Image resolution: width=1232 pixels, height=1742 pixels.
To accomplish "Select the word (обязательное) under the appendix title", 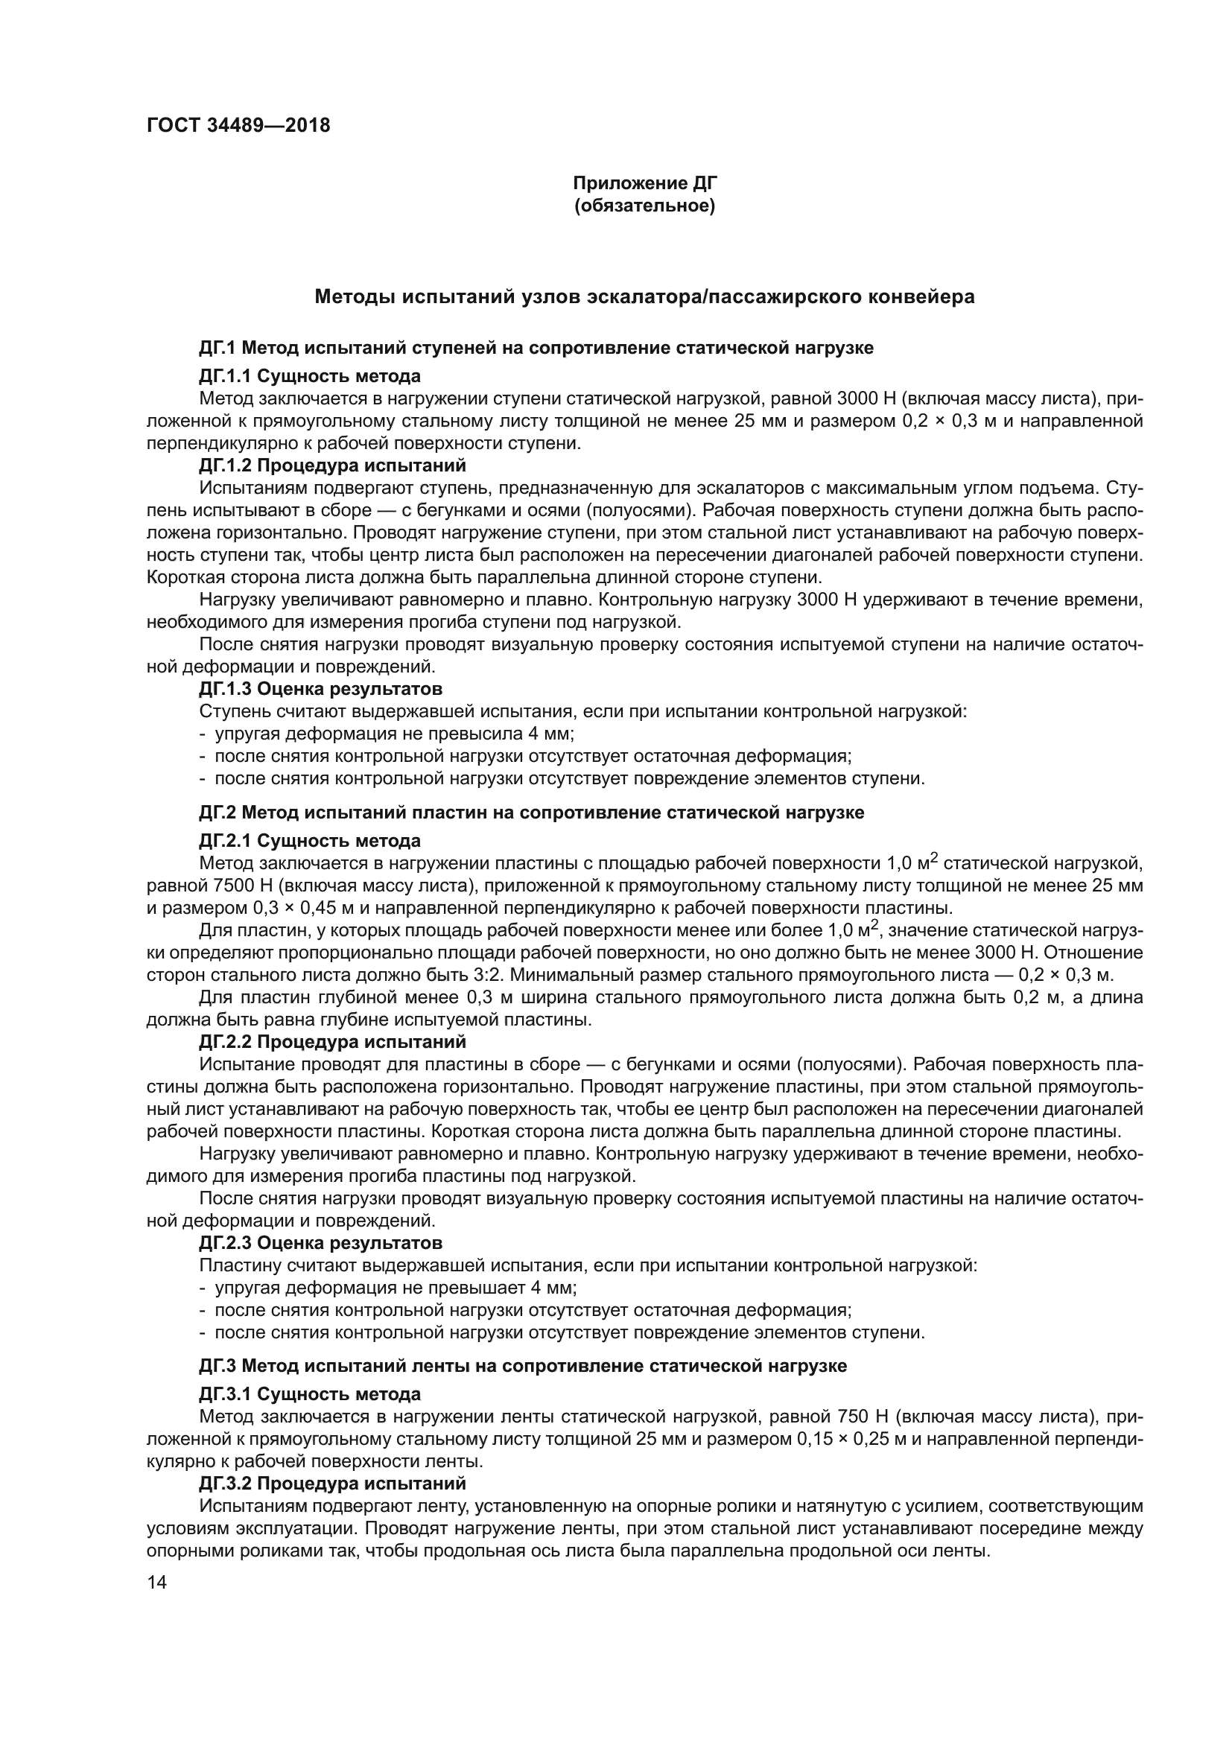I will [644, 206].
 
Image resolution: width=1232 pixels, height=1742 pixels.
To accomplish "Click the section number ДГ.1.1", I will [225, 375].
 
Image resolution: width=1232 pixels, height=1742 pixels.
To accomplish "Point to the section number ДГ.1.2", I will [225, 465].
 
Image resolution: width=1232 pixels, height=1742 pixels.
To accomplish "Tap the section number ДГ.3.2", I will [225, 1483].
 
